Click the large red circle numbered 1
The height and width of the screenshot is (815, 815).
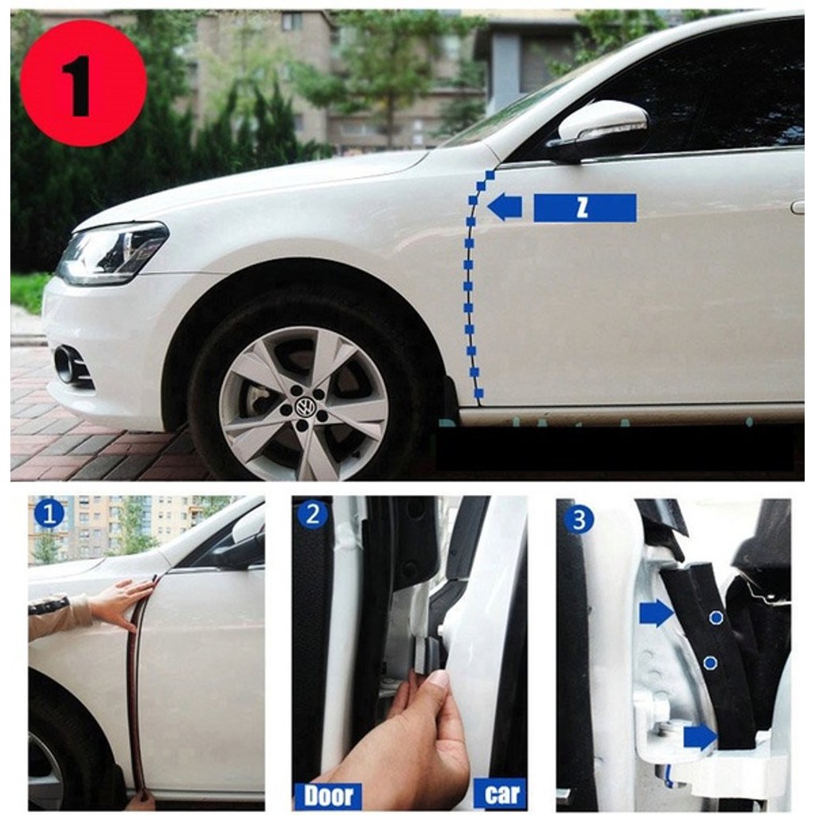point(83,83)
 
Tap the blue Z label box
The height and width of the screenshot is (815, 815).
point(584,208)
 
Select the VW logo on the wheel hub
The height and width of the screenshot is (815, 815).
point(303,407)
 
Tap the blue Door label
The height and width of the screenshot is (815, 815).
point(328,795)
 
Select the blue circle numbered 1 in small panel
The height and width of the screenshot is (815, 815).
point(49,514)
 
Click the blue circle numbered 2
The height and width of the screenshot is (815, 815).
point(312,514)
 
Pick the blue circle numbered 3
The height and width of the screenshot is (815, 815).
point(579,520)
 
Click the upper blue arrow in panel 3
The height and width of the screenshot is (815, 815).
point(656,613)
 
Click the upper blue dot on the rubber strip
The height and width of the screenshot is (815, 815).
point(716,618)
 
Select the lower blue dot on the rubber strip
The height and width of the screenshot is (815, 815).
point(711,662)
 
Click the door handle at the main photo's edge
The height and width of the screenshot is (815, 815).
point(797,207)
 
